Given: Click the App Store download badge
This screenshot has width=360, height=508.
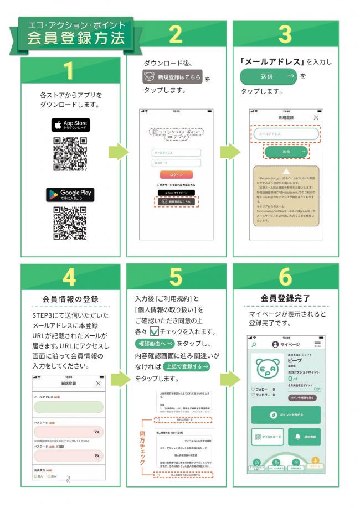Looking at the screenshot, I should click(x=70, y=125).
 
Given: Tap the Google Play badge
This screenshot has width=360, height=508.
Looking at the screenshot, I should click(x=70, y=195).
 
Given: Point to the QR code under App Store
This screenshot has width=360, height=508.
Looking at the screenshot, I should click(x=70, y=153).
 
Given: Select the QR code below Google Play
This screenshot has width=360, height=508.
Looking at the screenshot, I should click(x=70, y=224).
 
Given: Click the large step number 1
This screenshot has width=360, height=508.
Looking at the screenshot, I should click(x=68, y=71).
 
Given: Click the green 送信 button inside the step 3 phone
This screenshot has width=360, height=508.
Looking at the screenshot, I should click(x=286, y=151).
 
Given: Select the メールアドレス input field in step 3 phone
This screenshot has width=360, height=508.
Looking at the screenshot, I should click(x=286, y=134).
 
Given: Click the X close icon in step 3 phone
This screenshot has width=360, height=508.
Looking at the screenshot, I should click(x=316, y=118).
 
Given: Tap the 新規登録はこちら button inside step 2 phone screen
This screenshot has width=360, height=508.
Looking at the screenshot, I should click(x=176, y=202).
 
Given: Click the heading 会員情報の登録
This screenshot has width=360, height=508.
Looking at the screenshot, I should click(x=70, y=299).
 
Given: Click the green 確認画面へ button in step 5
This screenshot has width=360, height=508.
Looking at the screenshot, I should click(x=156, y=344).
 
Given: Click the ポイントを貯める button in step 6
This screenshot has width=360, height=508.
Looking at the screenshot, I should click(x=286, y=414).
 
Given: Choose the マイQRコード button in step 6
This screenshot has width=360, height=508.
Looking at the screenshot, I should click(x=268, y=437).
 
